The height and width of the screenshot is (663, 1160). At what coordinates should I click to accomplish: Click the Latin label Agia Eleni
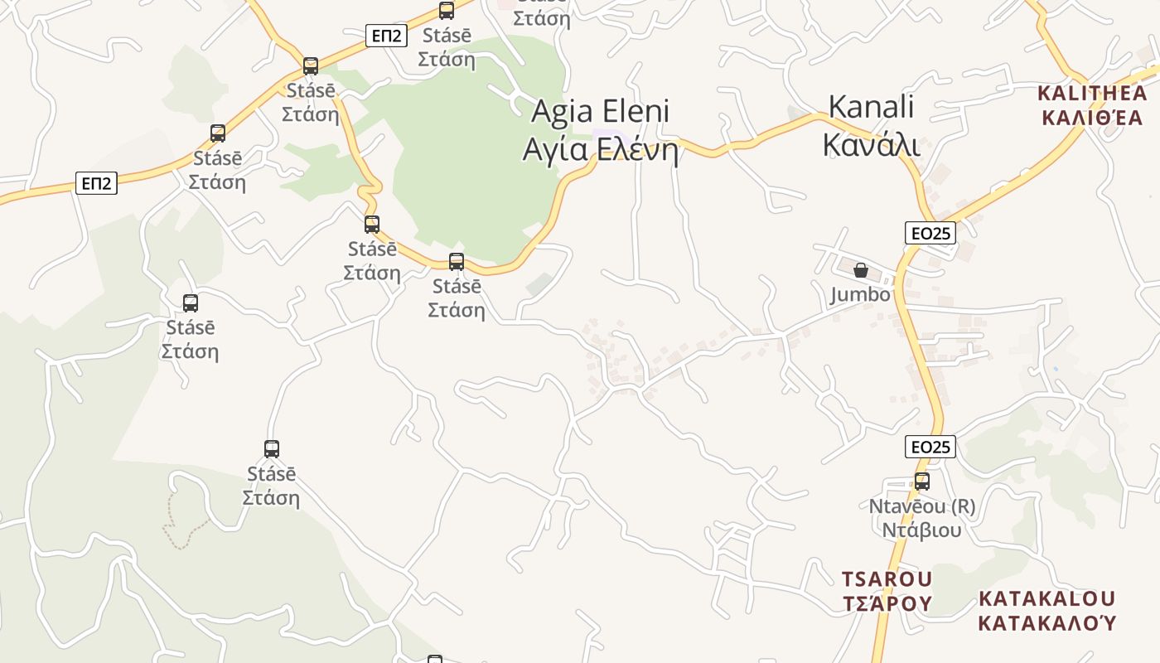pyautogui.click(x=600, y=110)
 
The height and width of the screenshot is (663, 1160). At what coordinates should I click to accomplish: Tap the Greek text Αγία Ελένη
pyautogui.click(x=600, y=150)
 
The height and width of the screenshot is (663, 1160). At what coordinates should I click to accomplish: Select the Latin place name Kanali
pyautogui.click(x=871, y=107)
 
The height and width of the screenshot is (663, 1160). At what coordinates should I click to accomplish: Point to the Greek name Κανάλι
pyautogui.click(x=871, y=144)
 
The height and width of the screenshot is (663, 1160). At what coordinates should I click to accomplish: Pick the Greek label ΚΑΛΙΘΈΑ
pyautogui.click(x=1091, y=117)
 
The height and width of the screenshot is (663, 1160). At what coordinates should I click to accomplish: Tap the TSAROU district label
pyautogui.click(x=887, y=578)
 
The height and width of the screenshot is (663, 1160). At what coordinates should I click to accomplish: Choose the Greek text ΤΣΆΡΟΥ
pyautogui.click(x=887, y=603)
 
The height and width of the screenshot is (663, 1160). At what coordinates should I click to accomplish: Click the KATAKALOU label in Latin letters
pyautogui.click(x=1047, y=598)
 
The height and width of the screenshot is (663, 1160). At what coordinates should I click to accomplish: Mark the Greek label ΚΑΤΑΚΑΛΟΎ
pyautogui.click(x=1047, y=622)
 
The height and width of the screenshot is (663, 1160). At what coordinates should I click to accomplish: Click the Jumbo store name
pyautogui.click(x=860, y=294)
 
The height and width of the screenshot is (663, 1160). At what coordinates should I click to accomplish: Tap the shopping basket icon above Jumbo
pyautogui.click(x=861, y=270)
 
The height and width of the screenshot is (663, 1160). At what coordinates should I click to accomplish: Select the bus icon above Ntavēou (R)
pyautogui.click(x=921, y=481)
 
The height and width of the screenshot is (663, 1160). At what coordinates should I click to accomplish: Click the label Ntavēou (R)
pyautogui.click(x=921, y=506)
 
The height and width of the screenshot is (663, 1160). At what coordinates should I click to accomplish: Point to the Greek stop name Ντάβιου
pyautogui.click(x=921, y=530)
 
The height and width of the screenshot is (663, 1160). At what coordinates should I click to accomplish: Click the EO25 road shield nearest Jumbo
pyautogui.click(x=930, y=233)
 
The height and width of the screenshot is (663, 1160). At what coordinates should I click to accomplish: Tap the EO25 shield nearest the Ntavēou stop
pyautogui.click(x=930, y=448)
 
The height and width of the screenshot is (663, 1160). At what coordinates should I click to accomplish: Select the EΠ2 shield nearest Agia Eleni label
pyautogui.click(x=386, y=36)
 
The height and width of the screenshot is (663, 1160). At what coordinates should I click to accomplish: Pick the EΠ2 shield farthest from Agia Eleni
pyautogui.click(x=96, y=183)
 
